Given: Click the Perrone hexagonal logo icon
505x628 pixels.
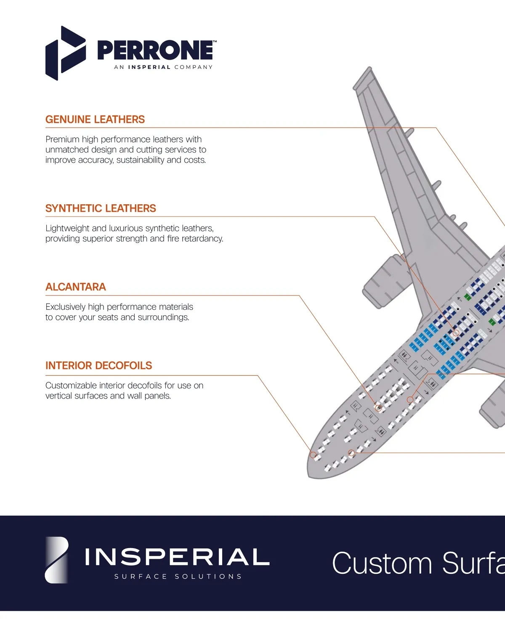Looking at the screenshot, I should point(65,53).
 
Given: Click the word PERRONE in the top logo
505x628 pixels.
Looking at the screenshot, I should point(155,50).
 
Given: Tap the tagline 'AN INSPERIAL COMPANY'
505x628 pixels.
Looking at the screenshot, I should point(163,67).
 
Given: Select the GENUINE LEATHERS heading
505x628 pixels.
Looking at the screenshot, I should point(95,120).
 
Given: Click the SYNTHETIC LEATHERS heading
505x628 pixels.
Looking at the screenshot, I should point(101,208).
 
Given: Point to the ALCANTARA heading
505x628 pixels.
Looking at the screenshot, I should point(76,287).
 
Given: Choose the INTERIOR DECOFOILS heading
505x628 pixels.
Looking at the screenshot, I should point(98,366).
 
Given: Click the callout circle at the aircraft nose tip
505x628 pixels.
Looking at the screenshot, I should point(313,455).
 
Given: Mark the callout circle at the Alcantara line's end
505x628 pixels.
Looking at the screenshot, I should point(378,408).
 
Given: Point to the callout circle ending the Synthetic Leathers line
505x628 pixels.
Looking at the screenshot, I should point(456,333).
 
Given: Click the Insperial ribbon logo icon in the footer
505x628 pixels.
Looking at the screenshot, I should point(57,560).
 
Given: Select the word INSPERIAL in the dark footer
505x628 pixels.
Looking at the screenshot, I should point(177,557).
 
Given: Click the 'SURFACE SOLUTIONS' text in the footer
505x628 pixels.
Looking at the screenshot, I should point(178,577).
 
